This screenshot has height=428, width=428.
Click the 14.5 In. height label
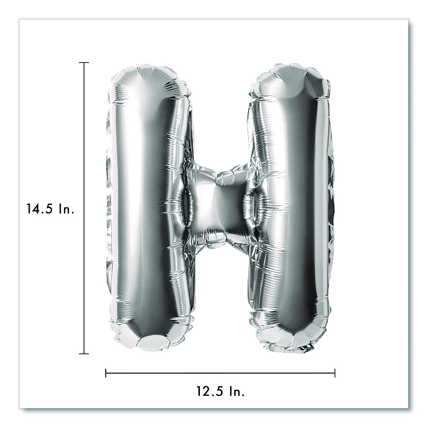point(50,209)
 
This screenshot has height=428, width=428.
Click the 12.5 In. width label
point(220,391)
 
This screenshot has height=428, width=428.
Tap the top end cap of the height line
point(84,62)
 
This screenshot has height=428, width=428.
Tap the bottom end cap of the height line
point(84,354)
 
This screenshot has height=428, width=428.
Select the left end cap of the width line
point(106,373)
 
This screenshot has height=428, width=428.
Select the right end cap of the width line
point(335,373)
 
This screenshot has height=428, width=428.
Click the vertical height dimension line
point(84,208)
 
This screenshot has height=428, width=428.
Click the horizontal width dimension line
point(220,373)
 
